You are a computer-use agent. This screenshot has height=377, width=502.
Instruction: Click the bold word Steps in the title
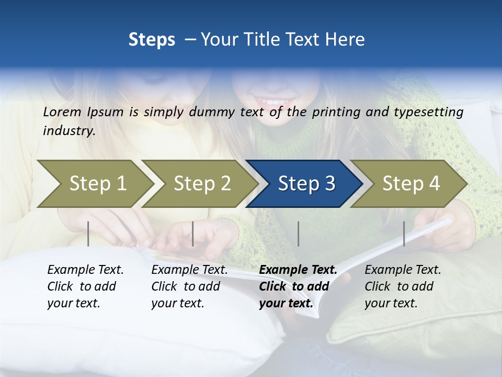[152, 40]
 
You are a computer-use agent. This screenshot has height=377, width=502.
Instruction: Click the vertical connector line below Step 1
[88, 234]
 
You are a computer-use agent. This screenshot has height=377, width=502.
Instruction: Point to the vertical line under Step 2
[193, 234]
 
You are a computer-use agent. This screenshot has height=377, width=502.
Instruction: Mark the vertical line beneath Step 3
[298, 234]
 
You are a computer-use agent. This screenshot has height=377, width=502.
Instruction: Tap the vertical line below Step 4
[404, 234]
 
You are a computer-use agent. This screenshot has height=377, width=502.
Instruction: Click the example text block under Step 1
[85, 286]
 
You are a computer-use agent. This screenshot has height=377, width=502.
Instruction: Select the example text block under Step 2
[189, 286]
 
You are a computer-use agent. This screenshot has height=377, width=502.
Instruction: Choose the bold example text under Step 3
[298, 286]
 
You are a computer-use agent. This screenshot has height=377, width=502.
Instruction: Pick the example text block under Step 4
[403, 286]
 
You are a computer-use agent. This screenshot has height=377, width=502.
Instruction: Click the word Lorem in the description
[62, 112]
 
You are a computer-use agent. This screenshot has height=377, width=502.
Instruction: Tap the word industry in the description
[69, 131]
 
